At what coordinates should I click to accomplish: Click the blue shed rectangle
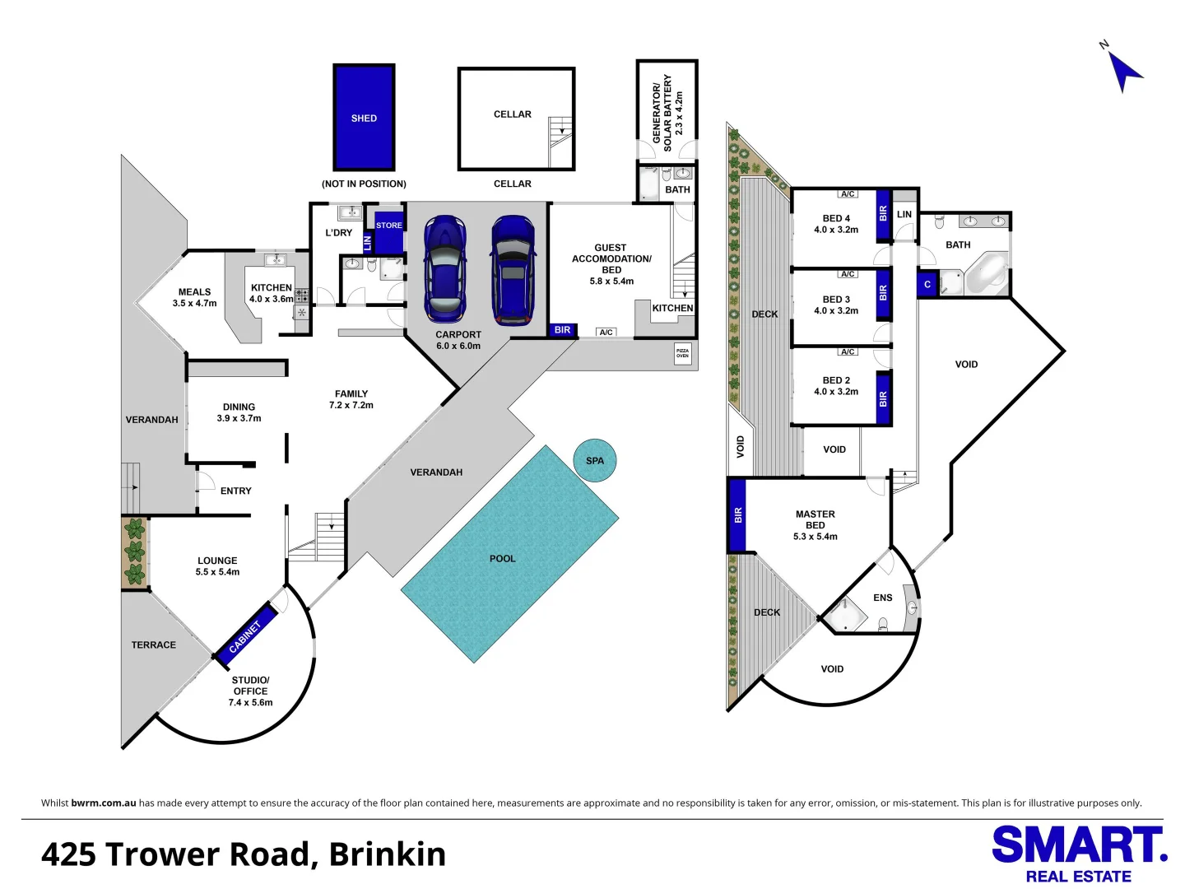coord(364,118)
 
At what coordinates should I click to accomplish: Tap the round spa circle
coord(594,460)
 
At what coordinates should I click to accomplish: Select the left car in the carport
coord(444,269)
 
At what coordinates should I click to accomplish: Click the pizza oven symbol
coord(682,353)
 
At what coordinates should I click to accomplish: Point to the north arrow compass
coord(1122,70)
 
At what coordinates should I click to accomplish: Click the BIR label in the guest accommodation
coord(562,330)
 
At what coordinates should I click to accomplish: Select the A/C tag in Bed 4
coord(848,194)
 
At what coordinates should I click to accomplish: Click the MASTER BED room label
coord(815,525)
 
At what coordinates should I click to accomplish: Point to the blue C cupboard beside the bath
coord(927,284)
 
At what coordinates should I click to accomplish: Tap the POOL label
coord(502,559)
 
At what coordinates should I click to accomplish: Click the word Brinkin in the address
coord(387,854)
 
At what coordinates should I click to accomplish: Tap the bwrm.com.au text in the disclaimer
coord(103,803)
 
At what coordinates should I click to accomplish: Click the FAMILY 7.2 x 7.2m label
coord(351,399)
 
